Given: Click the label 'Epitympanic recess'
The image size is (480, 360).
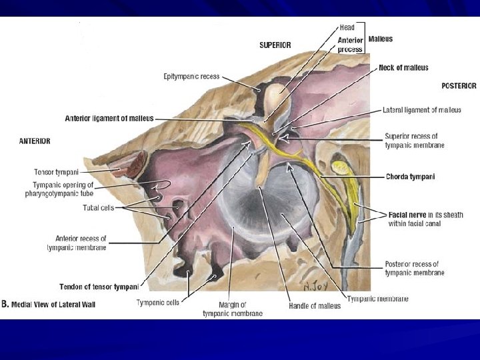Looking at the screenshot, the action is (192, 77).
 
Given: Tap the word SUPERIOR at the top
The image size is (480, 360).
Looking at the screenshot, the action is (275, 45).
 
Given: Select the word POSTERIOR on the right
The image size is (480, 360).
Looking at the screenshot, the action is (459, 86).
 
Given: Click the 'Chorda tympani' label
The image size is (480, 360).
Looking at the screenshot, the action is (410, 177).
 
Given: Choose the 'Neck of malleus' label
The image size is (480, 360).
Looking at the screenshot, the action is (403, 67).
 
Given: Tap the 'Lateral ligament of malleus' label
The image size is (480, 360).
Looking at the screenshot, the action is (421, 110).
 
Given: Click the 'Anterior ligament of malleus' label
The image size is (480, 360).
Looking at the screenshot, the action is (109, 119).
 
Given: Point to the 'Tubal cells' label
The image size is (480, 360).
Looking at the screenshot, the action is (98, 207).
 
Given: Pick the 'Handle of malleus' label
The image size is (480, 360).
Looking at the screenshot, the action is (314, 305).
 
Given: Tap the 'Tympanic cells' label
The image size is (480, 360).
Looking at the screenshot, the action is (157, 302).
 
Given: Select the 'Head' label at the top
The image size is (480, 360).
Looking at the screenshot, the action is (347, 27).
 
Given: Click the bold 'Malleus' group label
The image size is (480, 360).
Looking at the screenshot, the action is (380, 39).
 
